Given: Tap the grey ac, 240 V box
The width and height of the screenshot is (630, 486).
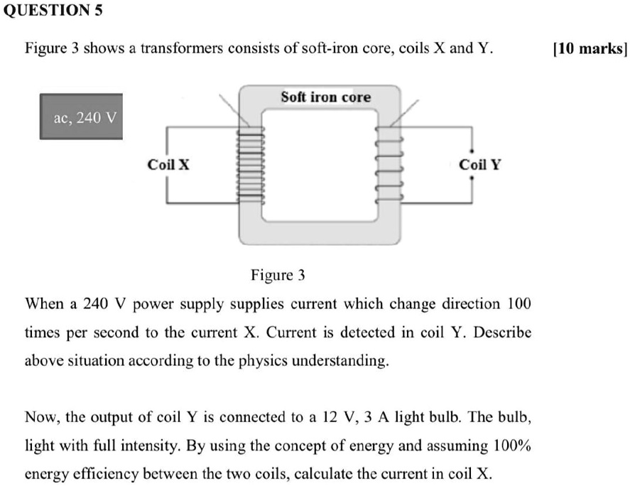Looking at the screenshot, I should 82,117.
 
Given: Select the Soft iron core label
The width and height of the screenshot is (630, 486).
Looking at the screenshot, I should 325,97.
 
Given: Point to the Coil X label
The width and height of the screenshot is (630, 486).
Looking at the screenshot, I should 168,165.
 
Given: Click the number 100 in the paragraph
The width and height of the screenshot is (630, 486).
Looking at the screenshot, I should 518,304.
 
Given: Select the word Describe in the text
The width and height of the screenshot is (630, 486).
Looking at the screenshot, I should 505,333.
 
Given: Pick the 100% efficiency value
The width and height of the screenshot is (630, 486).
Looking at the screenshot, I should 511,446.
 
